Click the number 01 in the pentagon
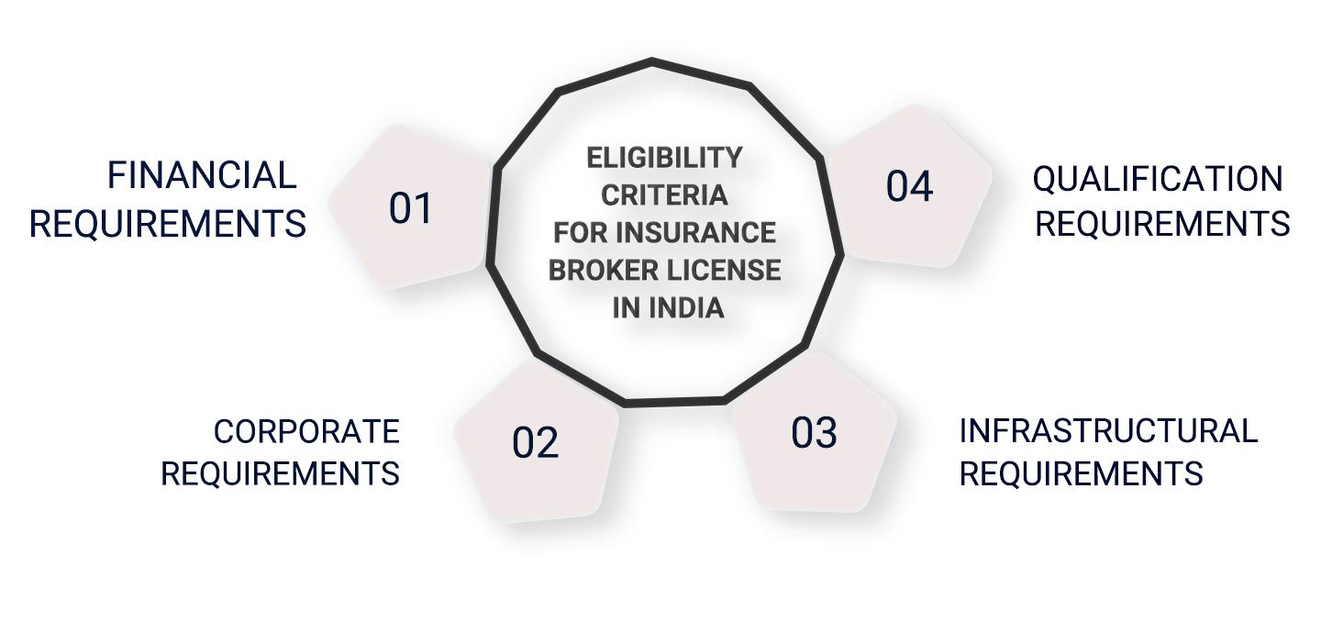click(411, 208)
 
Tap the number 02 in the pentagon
click(536, 443)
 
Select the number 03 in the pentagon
click(814, 433)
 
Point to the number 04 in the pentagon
click(909, 186)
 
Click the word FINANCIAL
click(202, 176)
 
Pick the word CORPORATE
click(306, 431)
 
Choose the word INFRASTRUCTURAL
click(1108, 430)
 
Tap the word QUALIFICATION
click(1158, 179)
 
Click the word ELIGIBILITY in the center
click(664, 158)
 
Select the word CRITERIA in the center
click(664, 195)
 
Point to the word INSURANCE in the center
click(696, 232)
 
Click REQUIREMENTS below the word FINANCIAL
click(168, 224)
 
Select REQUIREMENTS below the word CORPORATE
click(280, 473)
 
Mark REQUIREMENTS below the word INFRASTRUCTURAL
click(1081, 473)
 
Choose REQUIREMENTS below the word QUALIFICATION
click(1162, 224)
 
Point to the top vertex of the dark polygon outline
click(651, 61)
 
